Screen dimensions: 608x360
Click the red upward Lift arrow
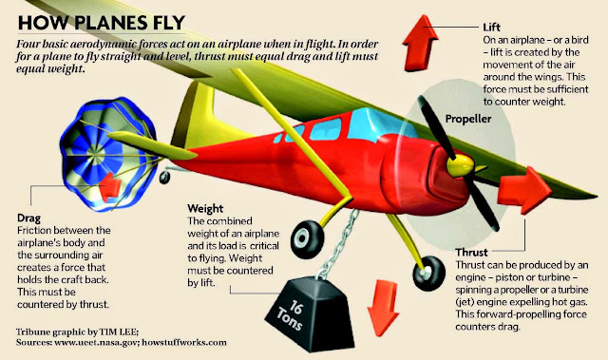pyautogui.click(x=420, y=43)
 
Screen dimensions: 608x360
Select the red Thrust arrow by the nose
pyautogui.click(x=524, y=189)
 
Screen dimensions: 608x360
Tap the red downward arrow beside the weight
pyautogui.click(x=383, y=309)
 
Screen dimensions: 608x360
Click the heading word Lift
pyautogui.click(x=491, y=28)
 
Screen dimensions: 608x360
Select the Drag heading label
pyautogui.click(x=28, y=218)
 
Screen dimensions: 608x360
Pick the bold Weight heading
pyautogui.click(x=205, y=208)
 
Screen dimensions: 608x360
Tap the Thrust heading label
pyautogui.click(x=471, y=253)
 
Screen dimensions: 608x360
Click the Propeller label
pyautogui.click(x=468, y=119)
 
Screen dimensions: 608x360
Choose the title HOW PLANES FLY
pyautogui.click(x=102, y=23)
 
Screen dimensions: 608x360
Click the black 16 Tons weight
pyautogui.click(x=311, y=313)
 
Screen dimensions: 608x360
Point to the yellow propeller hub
pyautogui.click(x=460, y=164)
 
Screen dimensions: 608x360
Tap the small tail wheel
pyautogui.click(x=164, y=177)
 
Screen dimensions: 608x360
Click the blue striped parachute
pyautogui.click(x=110, y=154)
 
